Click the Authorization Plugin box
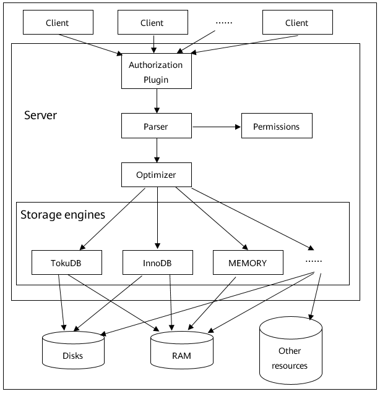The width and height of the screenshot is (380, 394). (156, 72)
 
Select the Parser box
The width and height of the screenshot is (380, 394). (156, 127)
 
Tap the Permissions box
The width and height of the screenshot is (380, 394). (276, 127)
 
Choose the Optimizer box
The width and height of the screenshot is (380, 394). (156, 175)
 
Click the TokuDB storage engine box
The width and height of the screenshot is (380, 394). (66, 263)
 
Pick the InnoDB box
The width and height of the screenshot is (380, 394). (157, 263)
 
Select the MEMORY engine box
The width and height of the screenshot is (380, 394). (248, 262)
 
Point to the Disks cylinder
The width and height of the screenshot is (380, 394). (72, 351)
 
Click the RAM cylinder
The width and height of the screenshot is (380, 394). (182, 351)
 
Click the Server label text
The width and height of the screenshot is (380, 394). (41, 115)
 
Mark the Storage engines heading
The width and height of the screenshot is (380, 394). (63, 215)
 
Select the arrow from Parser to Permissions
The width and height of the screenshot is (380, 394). (216, 127)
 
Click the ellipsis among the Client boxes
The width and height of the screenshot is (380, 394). (224, 23)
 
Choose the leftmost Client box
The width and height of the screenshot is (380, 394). (58, 23)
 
